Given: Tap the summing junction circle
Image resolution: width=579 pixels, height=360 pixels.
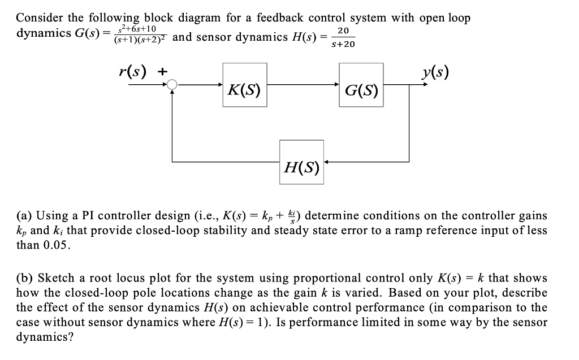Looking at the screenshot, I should pyautogui.click(x=172, y=85).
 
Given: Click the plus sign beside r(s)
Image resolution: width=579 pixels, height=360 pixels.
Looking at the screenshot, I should pyautogui.click(x=163, y=72).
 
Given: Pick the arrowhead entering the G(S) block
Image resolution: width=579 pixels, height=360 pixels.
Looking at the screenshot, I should pyautogui.click(x=337, y=85).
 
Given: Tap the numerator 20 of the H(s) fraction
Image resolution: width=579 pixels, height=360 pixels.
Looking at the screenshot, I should pyautogui.click(x=343, y=31).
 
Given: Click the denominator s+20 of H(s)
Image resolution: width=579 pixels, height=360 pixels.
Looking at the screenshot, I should pyautogui.click(x=343, y=44).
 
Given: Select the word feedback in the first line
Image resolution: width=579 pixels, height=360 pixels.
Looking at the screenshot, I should pyautogui.click(x=280, y=18).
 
